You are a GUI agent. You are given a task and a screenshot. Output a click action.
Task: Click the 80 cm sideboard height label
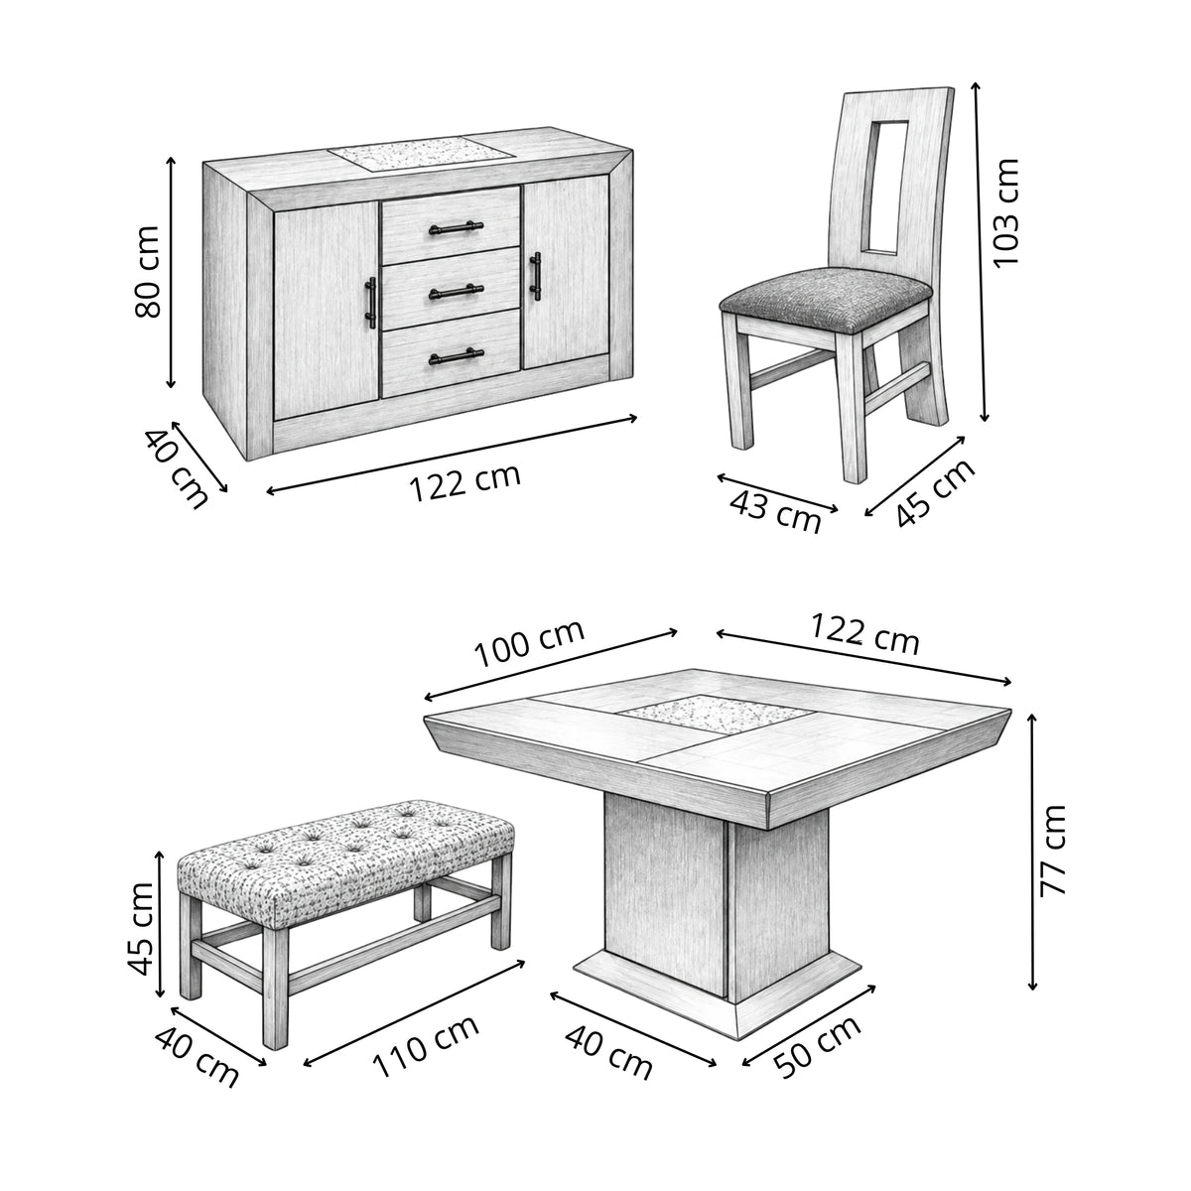tap(147, 272)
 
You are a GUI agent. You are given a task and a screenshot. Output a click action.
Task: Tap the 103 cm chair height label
tap(1005, 212)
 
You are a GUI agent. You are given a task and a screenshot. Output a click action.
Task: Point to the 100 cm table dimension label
tap(529, 643)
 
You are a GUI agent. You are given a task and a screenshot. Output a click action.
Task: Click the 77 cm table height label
tap(1053, 850)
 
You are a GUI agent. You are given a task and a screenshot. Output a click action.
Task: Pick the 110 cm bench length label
tap(426, 1046)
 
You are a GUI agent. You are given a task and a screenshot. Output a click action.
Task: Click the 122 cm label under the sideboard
tap(464, 482)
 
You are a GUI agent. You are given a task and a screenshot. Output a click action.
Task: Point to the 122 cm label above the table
tap(864, 634)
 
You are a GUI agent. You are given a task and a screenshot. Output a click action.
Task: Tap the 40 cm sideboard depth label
tap(176, 469)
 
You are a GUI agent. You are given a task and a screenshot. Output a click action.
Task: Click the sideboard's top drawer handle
tap(457, 227)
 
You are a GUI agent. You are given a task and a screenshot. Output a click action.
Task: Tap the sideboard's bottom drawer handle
tap(457, 356)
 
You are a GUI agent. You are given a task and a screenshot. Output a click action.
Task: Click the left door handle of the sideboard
tap(370, 303)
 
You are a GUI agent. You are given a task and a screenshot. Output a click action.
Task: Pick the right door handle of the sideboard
tap(535, 276)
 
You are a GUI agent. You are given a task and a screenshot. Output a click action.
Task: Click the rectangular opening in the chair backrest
tap(887, 188)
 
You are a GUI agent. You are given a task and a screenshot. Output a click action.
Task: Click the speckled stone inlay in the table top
tap(715, 715)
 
